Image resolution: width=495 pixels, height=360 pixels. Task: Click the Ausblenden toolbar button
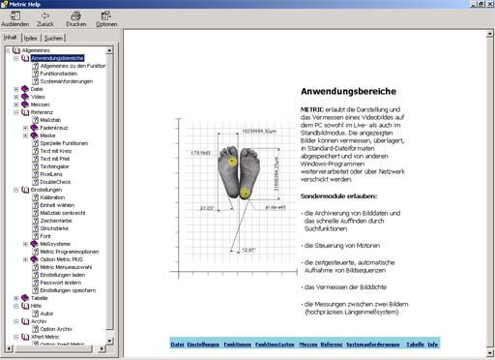tap(16, 19)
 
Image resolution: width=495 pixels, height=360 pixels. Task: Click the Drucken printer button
tap(76, 19)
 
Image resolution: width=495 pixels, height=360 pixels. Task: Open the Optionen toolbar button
tap(106, 19)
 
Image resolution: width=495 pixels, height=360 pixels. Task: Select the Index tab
tap(31, 38)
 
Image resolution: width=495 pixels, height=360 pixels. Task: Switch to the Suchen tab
tap(54, 38)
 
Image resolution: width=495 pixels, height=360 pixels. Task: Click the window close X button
tap(486, 5)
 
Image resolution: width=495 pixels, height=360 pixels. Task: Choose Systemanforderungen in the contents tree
tap(67, 81)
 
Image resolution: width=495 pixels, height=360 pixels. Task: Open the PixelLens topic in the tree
tap(54, 173)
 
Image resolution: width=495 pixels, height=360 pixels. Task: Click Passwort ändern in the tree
tap(61, 282)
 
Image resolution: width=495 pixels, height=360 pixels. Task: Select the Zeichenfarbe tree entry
tap(57, 220)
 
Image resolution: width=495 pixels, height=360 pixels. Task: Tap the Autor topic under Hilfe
tap(47, 314)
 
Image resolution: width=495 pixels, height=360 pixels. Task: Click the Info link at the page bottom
tap(433, 345)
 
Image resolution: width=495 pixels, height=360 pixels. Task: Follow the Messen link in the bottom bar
tap(308, 345)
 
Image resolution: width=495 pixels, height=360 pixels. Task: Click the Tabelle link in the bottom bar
tap(415, 345)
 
